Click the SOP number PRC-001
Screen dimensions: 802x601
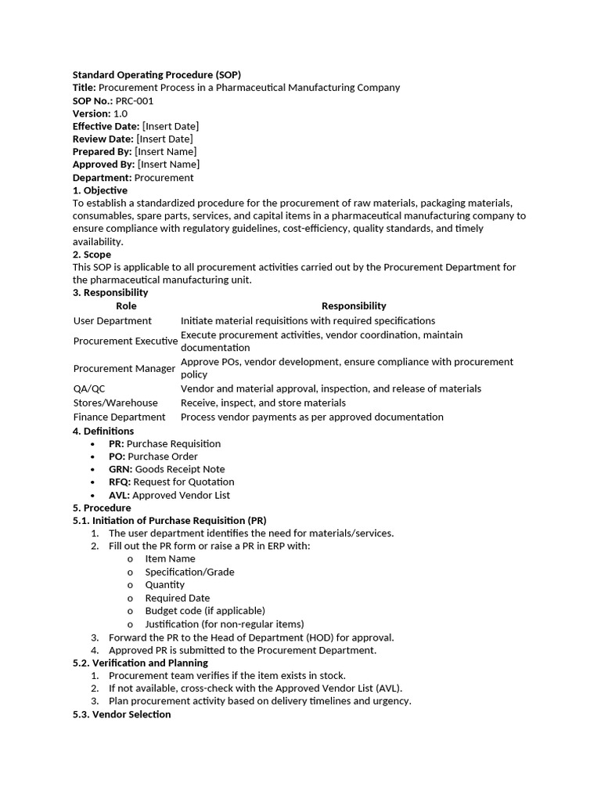(x=135, y=101)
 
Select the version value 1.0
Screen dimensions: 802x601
(x=121, y=114)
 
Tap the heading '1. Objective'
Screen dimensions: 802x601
(x=100, y=190)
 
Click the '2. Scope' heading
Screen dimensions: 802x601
(x=92, y=255)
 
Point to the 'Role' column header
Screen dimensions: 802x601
(x=126, y=306)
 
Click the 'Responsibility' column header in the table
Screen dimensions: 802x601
(x=354, y=306)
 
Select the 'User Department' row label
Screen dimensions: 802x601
(x=113, y=320)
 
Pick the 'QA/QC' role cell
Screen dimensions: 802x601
(x=88, y=388)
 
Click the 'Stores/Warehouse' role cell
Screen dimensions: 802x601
(x=116, y=403)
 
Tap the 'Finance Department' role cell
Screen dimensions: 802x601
(x=120, y=417)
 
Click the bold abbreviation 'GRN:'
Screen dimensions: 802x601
(x=121, y=469)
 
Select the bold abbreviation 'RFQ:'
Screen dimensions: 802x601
(x=120, y=482)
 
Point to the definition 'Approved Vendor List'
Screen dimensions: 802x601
(x=181, y=495)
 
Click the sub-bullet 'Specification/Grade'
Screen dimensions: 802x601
(x=189, y=572)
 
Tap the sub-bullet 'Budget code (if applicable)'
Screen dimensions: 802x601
(x=205, y=610)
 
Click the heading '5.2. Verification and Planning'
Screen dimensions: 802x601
(x=140, y=663)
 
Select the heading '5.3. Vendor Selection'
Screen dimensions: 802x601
(x=121, y=714)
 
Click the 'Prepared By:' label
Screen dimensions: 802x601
(x=103, y=151)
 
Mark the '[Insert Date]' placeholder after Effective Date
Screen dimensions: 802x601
(x=171, y=126)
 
